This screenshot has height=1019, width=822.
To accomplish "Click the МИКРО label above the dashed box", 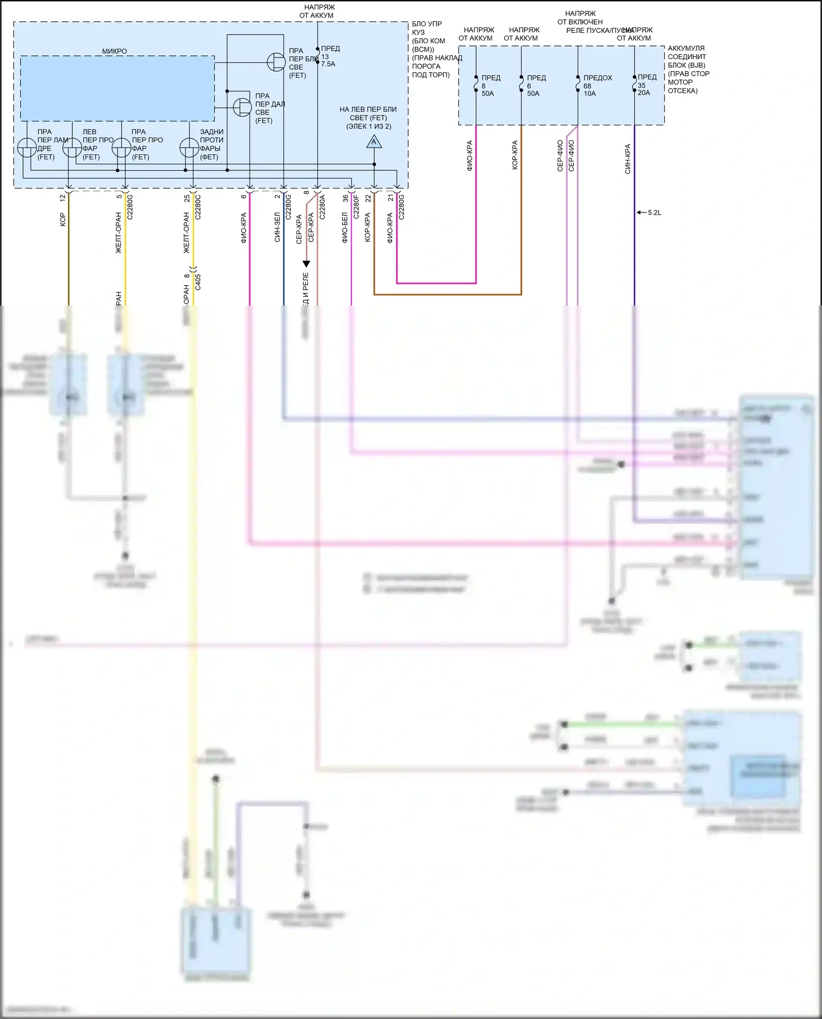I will [x=114, y=51].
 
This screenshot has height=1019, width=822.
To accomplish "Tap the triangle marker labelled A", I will [x=374, y=142].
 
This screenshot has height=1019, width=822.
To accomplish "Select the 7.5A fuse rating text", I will [x=328, y=64].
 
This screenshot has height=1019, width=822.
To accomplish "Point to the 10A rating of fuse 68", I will [x=590, y=94].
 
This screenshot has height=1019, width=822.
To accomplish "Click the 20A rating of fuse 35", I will [x=644, y=93].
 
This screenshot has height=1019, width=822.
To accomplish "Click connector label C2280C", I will [x=198, y=207].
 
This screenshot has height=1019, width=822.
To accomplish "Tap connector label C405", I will [x=198, y=282].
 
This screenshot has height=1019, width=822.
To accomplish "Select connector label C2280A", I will [x=322, y=207].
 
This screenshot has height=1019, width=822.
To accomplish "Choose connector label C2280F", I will [x=356, y=207].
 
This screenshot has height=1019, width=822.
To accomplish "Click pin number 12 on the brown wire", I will [x=62, y=198].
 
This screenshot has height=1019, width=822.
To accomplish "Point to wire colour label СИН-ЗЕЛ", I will [x=277, y=227].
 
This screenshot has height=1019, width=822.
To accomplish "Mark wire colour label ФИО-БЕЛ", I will [x=345, y=227].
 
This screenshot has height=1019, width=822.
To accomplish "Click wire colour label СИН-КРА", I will [x=627, y=159].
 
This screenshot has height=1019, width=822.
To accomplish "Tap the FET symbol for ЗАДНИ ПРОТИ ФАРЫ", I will [x=189, y=148].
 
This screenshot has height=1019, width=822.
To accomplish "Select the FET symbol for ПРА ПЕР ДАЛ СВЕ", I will [x=242, y=107].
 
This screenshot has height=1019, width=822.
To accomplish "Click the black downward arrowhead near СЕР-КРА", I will [x=306, y=264].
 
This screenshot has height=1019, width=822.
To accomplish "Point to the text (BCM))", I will [x=423, y=49].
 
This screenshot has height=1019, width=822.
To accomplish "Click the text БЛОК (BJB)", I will [x=686, y=65].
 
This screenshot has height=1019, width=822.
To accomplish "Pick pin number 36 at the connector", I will [x=346, y=198].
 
